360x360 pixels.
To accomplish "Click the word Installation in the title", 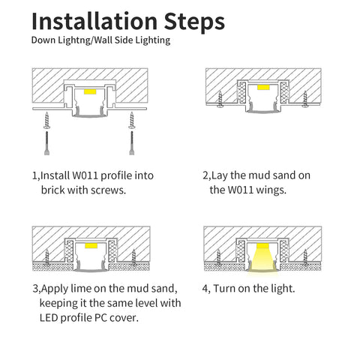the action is pyautogui.click(x=94, y=21).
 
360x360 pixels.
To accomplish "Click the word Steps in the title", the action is pyautogui.click(x=194, y=22).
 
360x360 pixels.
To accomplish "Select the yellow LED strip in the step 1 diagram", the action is pyautogui.click(x=90, y=91).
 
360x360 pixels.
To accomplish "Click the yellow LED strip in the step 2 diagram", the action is pyautogui.click(x=263, y=87).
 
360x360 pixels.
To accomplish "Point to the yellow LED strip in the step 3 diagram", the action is pyautogui.click(x=91, y=245).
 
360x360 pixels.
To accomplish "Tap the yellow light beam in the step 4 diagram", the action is pyautogui.click(x=262, y=258).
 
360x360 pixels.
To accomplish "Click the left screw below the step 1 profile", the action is pyautogui.click(x=46, y=120).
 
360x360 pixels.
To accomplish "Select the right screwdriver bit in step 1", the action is pyautogui.click(x=132, y=143).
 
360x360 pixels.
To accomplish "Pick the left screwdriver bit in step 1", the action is pyautogui.click(x=46, y=143).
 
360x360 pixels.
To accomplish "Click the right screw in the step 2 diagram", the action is pyautogui.click(x=305, y=99).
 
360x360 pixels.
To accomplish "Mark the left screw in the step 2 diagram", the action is pyautogui.click(x=220, y=99).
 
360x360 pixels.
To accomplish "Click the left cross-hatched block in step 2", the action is pyautogui.click(x=242, y=93).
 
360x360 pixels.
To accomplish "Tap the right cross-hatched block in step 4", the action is pyautogui.click(x=284, y=251).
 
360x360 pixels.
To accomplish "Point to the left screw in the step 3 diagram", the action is pyautogui.click(x=47, y=257).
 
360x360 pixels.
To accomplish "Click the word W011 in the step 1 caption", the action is pyautogui.click(x=85, y=175).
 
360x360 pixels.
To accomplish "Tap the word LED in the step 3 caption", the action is pyautogui.click(x=49, y=318).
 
